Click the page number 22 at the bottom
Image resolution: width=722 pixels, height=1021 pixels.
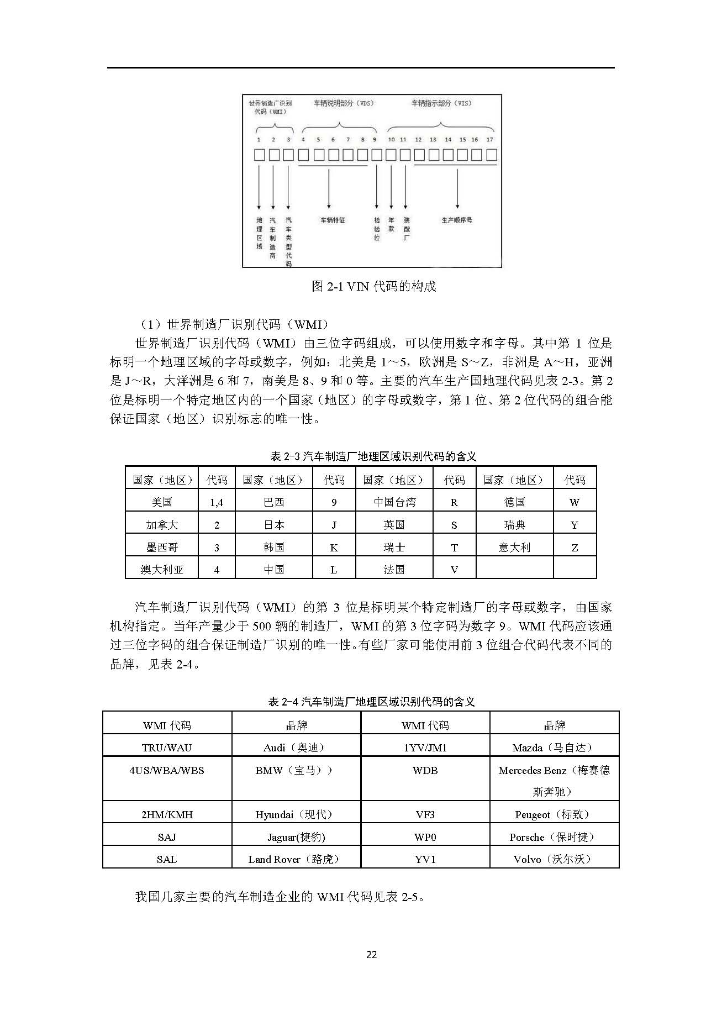coord(371,954)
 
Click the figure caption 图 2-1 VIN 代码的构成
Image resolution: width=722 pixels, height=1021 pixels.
coord(373,286)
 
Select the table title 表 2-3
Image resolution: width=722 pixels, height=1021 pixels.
coord(373,456)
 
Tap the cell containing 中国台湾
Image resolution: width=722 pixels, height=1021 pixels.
coord(394,502)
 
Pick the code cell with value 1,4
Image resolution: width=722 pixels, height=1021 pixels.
coord(217,502)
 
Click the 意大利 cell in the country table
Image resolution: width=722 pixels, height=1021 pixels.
coord(514,548)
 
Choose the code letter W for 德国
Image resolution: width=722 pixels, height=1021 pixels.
coord(575,502)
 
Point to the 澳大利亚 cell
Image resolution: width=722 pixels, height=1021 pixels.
coord(162,570)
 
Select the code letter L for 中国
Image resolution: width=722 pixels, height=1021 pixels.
coord(334,570)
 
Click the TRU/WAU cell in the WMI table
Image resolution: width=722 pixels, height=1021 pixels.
coord(167,748)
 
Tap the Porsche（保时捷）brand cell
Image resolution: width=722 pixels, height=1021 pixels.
coord(554,837)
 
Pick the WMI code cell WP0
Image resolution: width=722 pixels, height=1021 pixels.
coord(425,837)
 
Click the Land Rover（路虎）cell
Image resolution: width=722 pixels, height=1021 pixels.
coord(296,859)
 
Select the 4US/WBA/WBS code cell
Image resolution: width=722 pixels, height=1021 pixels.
coord(167,770)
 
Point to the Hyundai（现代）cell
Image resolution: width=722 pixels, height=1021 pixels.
coord(296,814)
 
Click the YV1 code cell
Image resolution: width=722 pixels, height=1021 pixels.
coord(425,859)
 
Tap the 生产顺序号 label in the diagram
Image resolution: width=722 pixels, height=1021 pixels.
coord(457,220)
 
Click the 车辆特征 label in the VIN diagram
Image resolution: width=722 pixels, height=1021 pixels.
coord(333,220)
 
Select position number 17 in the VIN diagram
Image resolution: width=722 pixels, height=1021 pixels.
coord(489,140)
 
